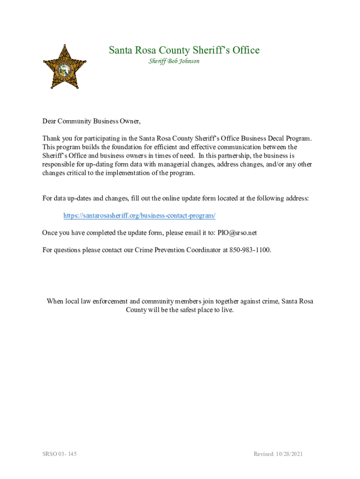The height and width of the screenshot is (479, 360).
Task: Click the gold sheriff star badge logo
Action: point(65,67)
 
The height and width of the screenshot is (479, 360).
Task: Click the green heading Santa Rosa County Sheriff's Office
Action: point(184,50)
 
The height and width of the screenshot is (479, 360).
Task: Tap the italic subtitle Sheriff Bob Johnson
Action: point(174,61)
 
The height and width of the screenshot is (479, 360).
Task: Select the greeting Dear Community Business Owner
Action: point(91,121)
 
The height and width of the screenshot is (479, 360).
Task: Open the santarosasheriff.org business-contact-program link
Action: point(139,216)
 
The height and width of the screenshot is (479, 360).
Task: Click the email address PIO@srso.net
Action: point(237,232)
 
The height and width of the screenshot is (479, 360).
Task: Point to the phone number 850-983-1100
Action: point(249,250)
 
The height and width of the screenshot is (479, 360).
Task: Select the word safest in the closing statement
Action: point(189,310)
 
